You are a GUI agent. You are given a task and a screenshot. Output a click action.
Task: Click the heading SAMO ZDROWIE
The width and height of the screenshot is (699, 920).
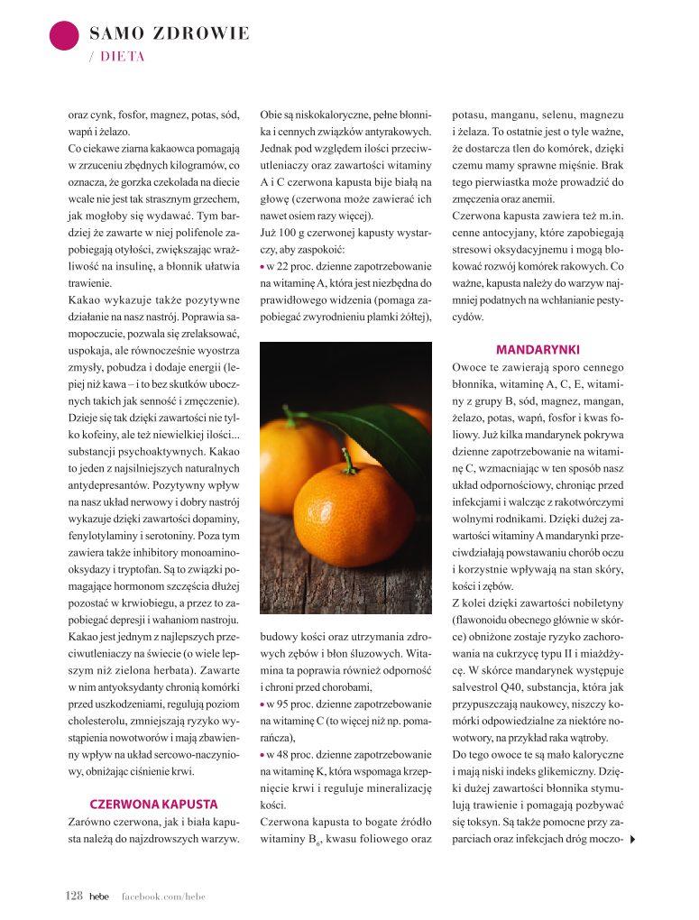click(170, 34)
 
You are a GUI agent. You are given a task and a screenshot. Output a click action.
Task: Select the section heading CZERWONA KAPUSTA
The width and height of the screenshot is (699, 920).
click(153, 803)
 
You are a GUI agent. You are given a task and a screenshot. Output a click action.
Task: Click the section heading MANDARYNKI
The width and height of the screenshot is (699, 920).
click(538, 349)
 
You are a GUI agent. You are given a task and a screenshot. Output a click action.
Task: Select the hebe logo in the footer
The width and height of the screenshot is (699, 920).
click(98, 895)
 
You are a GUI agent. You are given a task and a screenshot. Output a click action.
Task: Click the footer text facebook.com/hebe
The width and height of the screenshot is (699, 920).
click(164, 895)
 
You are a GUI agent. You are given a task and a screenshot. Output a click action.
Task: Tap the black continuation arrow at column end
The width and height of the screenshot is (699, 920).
click(633, 841)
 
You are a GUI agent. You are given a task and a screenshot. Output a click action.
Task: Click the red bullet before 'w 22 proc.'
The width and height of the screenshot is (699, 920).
click(262, 268)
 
